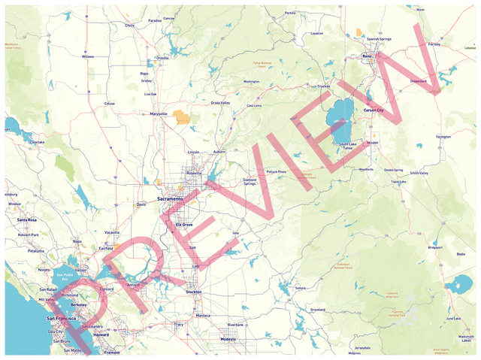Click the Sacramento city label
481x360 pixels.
pos(170,198)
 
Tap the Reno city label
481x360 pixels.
pos(368,56)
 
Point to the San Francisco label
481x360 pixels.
pos(56,319)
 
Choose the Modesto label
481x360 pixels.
pos(228,339)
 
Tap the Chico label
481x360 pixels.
pos(129,25)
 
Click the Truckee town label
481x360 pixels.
pos(323,86)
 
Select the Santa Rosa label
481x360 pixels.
pos(27,219)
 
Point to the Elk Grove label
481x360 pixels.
pos(184,224)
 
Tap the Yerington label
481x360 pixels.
pos(443,137)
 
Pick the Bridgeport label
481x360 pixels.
pos(435,247)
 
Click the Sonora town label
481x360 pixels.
pos(301,288)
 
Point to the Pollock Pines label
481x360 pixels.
pos(277,171)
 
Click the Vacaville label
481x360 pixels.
pos(112,232)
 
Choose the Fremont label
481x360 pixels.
pos(112,352)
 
